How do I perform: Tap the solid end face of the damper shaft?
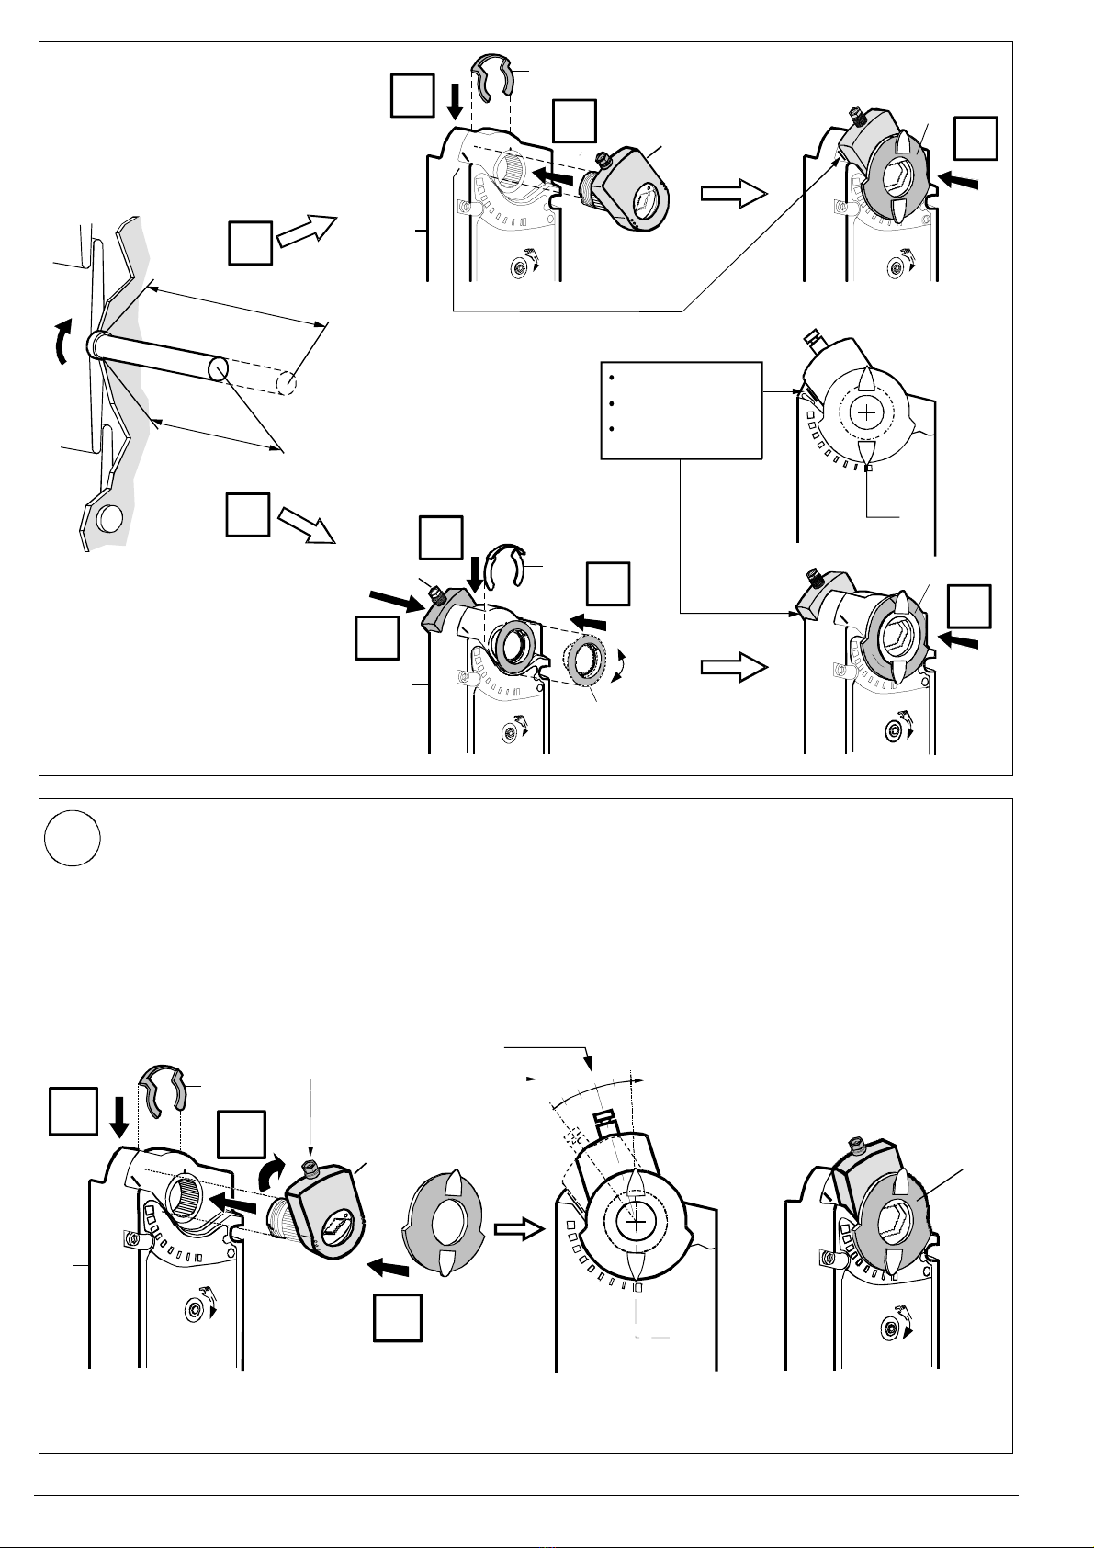pos(218,368)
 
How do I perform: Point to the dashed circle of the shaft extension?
pos(288,380)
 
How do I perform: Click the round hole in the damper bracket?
pos(107,519)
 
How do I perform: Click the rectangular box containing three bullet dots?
pos(682,410)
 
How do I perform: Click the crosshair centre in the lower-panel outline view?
pos(634,1223)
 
